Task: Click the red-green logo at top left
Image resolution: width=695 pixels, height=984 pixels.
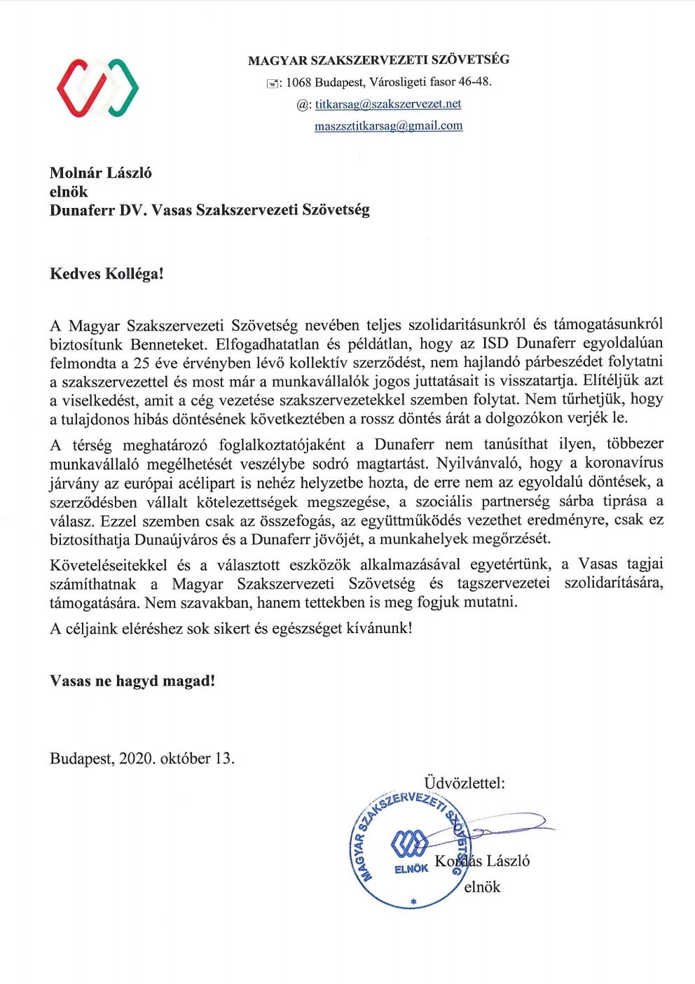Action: (97, 88)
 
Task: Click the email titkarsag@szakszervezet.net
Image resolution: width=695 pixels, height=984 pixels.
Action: (388, 104)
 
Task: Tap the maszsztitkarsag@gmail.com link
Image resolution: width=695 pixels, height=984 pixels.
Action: (389, 126)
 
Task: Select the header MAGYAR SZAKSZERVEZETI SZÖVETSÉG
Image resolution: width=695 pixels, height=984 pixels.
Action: (378, 60)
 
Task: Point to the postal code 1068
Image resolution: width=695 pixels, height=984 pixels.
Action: (298, 82)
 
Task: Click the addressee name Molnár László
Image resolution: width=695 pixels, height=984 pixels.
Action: (100, 172)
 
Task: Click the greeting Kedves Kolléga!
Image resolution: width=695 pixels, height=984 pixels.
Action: (106, 273)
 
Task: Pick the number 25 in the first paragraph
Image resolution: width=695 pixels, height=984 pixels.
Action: (142, 362)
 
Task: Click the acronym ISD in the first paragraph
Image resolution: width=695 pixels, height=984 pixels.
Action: (496, 343)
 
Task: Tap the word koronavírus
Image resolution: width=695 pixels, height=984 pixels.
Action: (624, 463)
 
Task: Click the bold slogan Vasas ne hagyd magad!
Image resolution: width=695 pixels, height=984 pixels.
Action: (132, 680)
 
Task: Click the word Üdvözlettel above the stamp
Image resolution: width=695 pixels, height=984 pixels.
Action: (464, 782)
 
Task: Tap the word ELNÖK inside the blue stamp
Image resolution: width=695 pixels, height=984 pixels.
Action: (411, 868)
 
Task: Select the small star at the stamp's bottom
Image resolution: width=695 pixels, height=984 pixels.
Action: (413, 901)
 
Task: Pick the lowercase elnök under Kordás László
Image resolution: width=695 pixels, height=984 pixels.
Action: (482, 887)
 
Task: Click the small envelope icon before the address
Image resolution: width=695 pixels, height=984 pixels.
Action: (272, 83)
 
